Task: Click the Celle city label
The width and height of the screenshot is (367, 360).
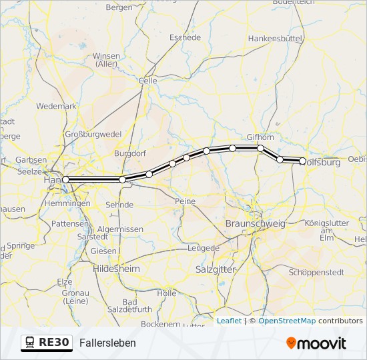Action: coord(147,81)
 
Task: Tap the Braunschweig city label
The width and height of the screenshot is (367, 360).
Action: coord(256,223)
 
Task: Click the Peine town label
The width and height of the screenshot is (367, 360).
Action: coord(184,201)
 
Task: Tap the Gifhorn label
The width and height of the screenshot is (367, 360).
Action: coord(261,137)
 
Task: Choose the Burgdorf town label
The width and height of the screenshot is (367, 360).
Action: coord(130,153)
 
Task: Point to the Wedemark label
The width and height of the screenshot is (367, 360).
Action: coord(57,106)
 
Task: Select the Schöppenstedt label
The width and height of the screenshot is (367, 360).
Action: coord(316,272)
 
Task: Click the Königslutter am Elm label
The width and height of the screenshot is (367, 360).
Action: coord(327,230)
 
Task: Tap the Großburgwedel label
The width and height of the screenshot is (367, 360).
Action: coord(93,134)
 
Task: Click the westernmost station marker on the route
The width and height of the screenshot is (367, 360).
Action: coord(65,179)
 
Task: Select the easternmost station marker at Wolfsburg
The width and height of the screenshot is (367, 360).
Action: coord(303,161)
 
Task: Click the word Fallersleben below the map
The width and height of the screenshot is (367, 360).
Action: coord(107,343)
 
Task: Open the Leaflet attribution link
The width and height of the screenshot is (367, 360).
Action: coord(229,321)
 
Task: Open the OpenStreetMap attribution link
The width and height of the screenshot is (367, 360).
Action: coord(287,321)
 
